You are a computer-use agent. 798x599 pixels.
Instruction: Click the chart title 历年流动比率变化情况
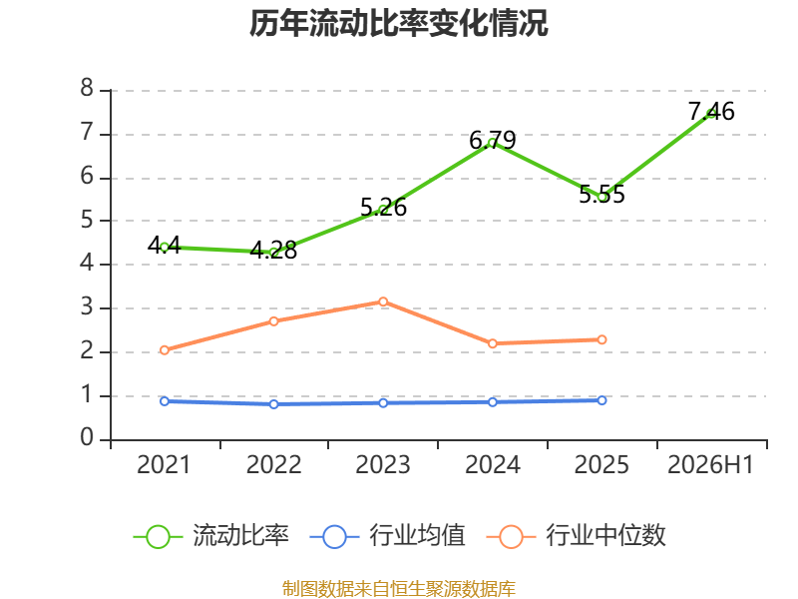pyautogui.click(x=398, y=23)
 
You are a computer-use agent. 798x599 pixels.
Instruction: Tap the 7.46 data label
pyautogui.click(x=711, y=112)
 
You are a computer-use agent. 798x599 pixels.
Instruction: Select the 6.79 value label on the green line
pyautogui.click(x=492, y=140)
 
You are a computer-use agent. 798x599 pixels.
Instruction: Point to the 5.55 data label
pyautogui.click(x=601, y=194)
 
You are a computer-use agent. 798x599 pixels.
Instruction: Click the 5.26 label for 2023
pyautogui.click(x=383, y=207)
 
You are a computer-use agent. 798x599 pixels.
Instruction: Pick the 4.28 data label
pyautogui.click(x=273, y=250)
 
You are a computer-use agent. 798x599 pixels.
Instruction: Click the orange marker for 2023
pyautogui.click(x=383, y=302)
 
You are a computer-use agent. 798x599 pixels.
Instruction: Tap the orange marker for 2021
pyautogui.click(x=165, y=350)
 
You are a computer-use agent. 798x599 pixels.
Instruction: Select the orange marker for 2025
pyautogui.click(x=601, y=339)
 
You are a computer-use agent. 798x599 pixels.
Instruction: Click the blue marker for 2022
pyautogui.click(x=273, y=404)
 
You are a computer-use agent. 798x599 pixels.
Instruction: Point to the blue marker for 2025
pyautogui.click(x=601, y=400)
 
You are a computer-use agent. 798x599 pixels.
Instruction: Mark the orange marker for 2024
pyautogui.click(x=492, y=343)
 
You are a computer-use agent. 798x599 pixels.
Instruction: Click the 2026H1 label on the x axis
pyautogui.click(x=710, y=464)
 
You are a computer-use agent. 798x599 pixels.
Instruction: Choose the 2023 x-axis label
pyautogui.click(x=383, y=464)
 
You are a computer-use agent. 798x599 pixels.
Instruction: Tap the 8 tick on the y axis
pyautogui.click(x=87, y=88)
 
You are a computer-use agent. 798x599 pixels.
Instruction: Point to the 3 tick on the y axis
pyautogui.click(x=87, y=307)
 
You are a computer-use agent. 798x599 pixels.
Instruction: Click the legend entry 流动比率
pyautogui.click(x=211, y=536)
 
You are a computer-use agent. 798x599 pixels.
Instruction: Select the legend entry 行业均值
pyautogui.click(x=388, y=536)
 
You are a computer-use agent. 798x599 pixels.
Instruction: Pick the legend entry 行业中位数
pyautogui.click(x=577, y=536)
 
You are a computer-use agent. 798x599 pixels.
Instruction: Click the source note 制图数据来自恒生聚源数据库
pyautogui.click(x=398, y=589)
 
